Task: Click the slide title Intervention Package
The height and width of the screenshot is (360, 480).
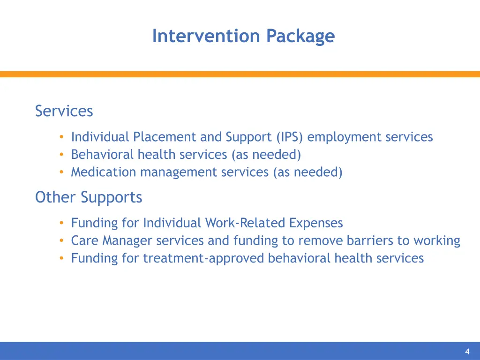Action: (243, 36)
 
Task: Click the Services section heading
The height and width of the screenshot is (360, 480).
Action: (64, 111)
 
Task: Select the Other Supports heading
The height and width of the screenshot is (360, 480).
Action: (89, 197)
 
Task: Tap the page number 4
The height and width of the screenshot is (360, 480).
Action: (467, 352)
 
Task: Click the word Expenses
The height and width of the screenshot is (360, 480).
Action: (316, 223)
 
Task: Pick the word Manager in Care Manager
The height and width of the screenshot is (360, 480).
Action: (127, 240)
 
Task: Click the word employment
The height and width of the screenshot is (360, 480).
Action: (345, 137)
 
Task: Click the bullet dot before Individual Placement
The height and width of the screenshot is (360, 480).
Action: (61, 137)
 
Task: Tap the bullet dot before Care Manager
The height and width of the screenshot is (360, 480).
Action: (61, 240)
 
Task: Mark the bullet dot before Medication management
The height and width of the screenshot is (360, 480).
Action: (61, 172)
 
